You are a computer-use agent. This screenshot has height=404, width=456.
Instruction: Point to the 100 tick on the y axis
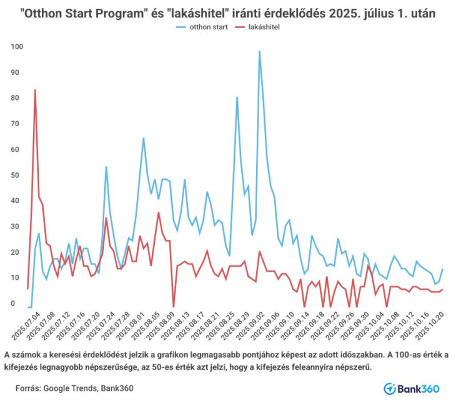click(x=17, y=47)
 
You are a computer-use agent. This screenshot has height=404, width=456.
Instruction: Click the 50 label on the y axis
click(x=17, y=175)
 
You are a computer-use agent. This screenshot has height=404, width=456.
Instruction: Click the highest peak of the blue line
click(x=259, y=51)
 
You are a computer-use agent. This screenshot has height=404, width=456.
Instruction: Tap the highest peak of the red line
click(x=35, y=90)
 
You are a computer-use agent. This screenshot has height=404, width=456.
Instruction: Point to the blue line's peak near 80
click(x=237, y=97)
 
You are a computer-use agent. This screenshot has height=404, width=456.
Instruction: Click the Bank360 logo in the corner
click(x=412, y=388)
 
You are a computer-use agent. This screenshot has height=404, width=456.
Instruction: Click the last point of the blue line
click(x=442, y=269)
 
